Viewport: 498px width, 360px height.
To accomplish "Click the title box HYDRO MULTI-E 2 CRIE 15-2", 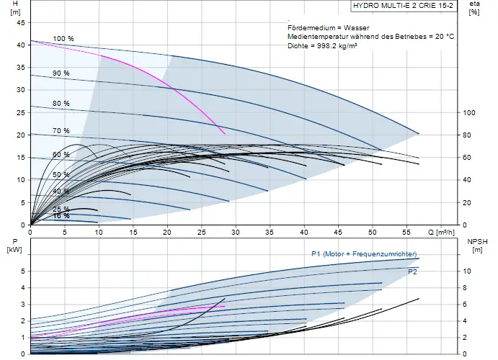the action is click(x=404, y=6).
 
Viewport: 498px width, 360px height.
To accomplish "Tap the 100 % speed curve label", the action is click(x=63, y=39).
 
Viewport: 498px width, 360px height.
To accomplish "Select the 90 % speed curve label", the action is click(x=61, y=73).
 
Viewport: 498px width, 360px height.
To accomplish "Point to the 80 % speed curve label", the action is click(x=61, y=104).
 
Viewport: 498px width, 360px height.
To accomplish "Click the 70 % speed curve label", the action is click(x=61, y=130).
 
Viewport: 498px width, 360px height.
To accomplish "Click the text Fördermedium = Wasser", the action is click(x=329, y=28).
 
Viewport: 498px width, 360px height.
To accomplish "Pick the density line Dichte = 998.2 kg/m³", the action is click(x=322, y=45).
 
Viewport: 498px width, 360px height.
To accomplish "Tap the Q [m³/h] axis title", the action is click(x=441, y=232).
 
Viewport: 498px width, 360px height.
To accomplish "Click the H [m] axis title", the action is click(x=15, y=8).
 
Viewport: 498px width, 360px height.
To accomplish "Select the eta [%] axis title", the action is click(x=474, y=8).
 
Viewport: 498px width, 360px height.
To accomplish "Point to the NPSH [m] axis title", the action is click(x=477, y=246).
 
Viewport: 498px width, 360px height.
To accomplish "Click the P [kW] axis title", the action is click(x=14, y=246).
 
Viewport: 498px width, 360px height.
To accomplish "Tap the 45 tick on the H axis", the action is click(x=21, y=22).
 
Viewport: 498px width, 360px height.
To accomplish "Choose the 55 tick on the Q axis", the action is click(x=407, y=232).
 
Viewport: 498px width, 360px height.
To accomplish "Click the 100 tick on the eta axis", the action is click(x=469, y=112).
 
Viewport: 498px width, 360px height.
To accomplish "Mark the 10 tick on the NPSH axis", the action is click(x=467, y=271).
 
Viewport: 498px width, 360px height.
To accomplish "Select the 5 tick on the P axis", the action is click(x=22, y=271).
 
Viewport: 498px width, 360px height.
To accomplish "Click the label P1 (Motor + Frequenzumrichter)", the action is click(x=364, y=254).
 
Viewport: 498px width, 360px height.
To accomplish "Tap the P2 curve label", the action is click(x=412, y=272).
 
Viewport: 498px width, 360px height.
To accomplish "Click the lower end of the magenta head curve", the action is click(x=225, y=133).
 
